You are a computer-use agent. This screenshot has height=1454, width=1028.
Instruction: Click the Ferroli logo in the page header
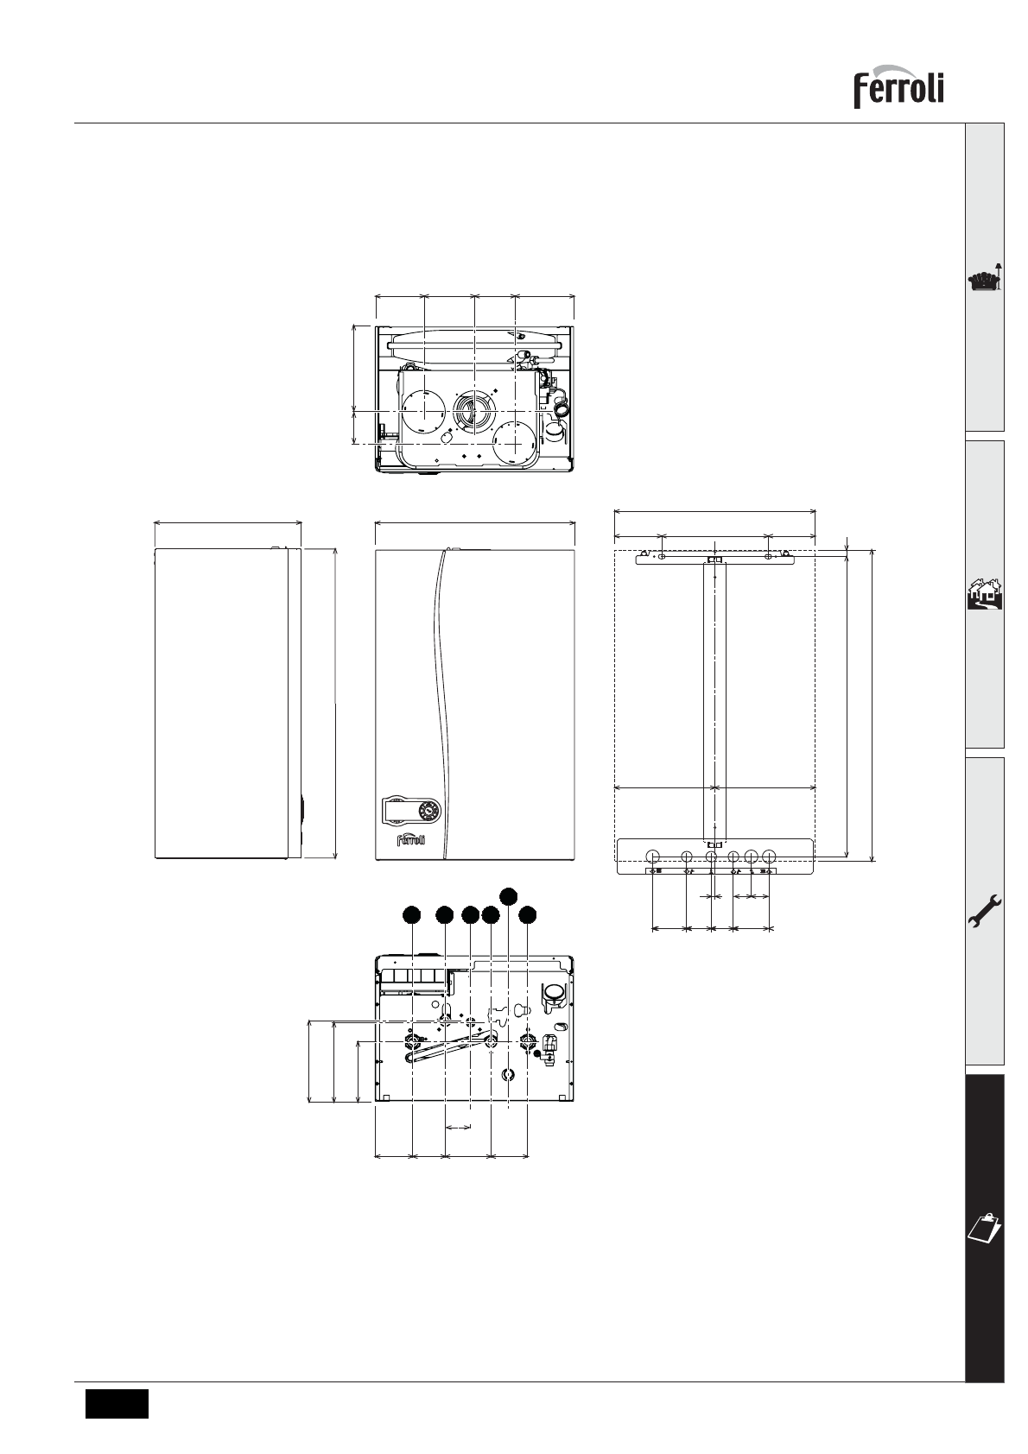(898, 86)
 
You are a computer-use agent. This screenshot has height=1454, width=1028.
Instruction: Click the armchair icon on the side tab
(985, 280)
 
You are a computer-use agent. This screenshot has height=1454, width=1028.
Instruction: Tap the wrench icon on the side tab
(985, 912)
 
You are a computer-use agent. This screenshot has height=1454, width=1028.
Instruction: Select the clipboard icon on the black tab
(985, 1226)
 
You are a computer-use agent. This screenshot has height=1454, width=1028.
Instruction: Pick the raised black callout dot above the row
(509, 895)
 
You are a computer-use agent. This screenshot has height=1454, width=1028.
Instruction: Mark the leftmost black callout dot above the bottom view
(411, 915)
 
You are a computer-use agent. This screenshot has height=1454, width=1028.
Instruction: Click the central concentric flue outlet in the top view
(474, 412)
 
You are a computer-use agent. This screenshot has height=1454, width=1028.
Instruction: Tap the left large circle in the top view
(423, 412)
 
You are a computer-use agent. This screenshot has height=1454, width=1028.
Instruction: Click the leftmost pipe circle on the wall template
(654, 856)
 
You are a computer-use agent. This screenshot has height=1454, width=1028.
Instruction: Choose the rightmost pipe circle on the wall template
(769, 856)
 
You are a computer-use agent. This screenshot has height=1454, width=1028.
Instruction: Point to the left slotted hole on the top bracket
(661, 556)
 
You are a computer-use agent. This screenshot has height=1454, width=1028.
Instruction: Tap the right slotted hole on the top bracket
(768, 556)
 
